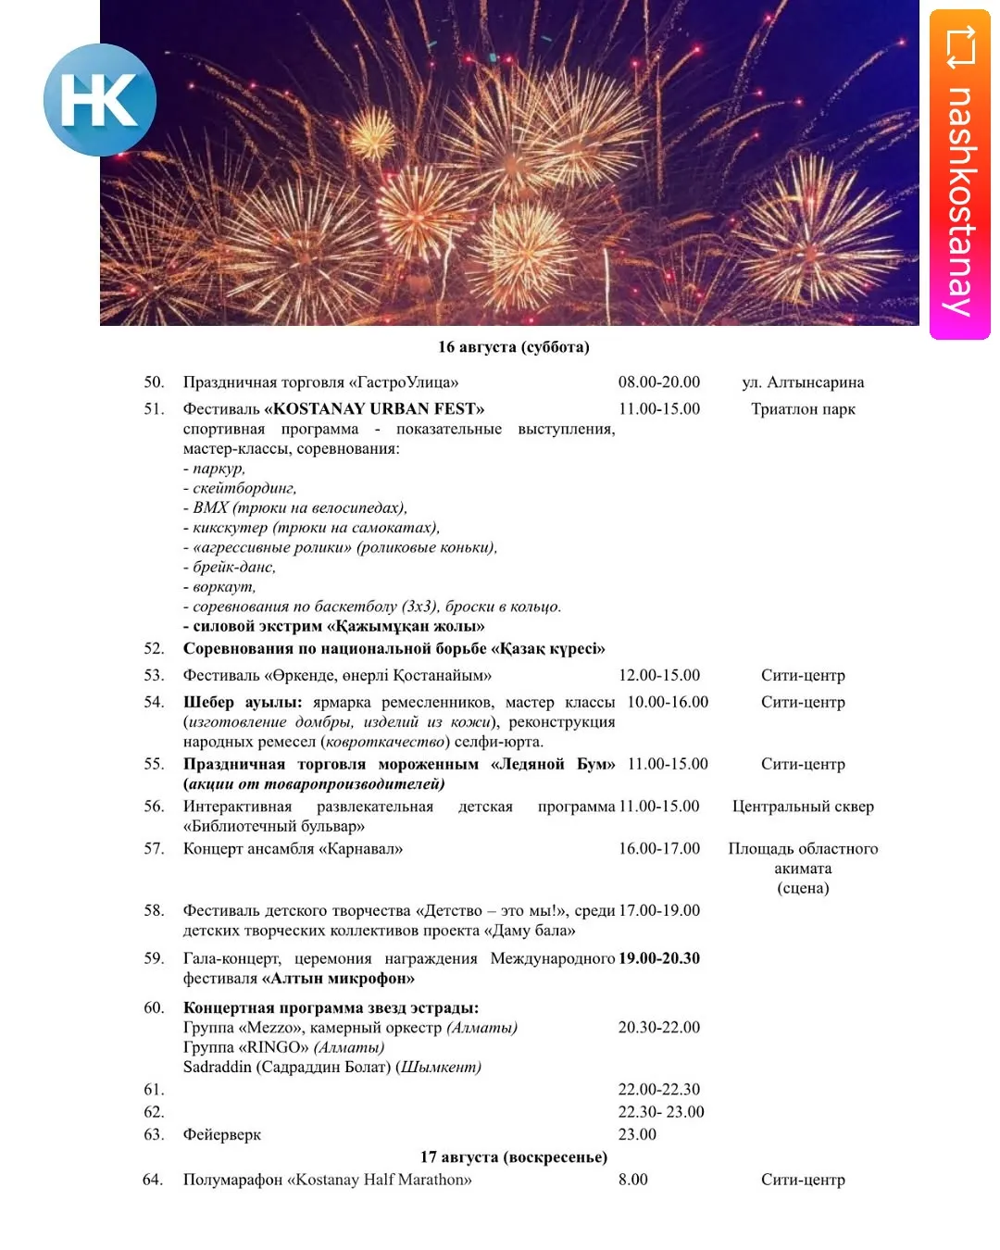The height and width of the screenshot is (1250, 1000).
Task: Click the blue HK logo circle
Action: click(99, 100)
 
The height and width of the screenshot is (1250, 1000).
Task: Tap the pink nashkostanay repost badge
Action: click(960, 174)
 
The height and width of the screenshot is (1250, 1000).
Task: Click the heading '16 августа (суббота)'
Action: click(513, 347)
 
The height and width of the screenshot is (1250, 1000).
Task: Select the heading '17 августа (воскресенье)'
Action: click(513, 1157)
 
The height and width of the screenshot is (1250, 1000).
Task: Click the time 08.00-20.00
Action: click(659, 382)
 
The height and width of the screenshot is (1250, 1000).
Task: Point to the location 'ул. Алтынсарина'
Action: click(803, 382)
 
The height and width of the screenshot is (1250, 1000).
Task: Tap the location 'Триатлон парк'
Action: click(803, 409)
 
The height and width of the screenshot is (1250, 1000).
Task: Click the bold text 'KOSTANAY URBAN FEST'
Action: click(374, 409)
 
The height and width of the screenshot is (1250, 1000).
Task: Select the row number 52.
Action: click(154, 649)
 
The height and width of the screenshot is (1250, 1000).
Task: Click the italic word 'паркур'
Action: click(219, 469)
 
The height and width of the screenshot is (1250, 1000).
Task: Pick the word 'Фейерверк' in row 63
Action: click(222, 1135)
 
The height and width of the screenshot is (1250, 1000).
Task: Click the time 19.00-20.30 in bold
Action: click(659, 958)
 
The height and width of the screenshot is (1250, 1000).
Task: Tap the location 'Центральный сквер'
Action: click(803, 806)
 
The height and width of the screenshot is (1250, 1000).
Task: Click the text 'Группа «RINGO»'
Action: click(246, 1047)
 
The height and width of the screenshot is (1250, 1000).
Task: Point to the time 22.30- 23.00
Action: click(661, 1112)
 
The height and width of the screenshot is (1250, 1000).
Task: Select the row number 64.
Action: click(153, 1180)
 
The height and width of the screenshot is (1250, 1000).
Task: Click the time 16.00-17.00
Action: click(659, 849)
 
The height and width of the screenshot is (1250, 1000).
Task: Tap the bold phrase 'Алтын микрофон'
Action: click(338, 979)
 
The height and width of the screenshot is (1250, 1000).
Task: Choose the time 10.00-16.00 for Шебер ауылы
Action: click(668, 703)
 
